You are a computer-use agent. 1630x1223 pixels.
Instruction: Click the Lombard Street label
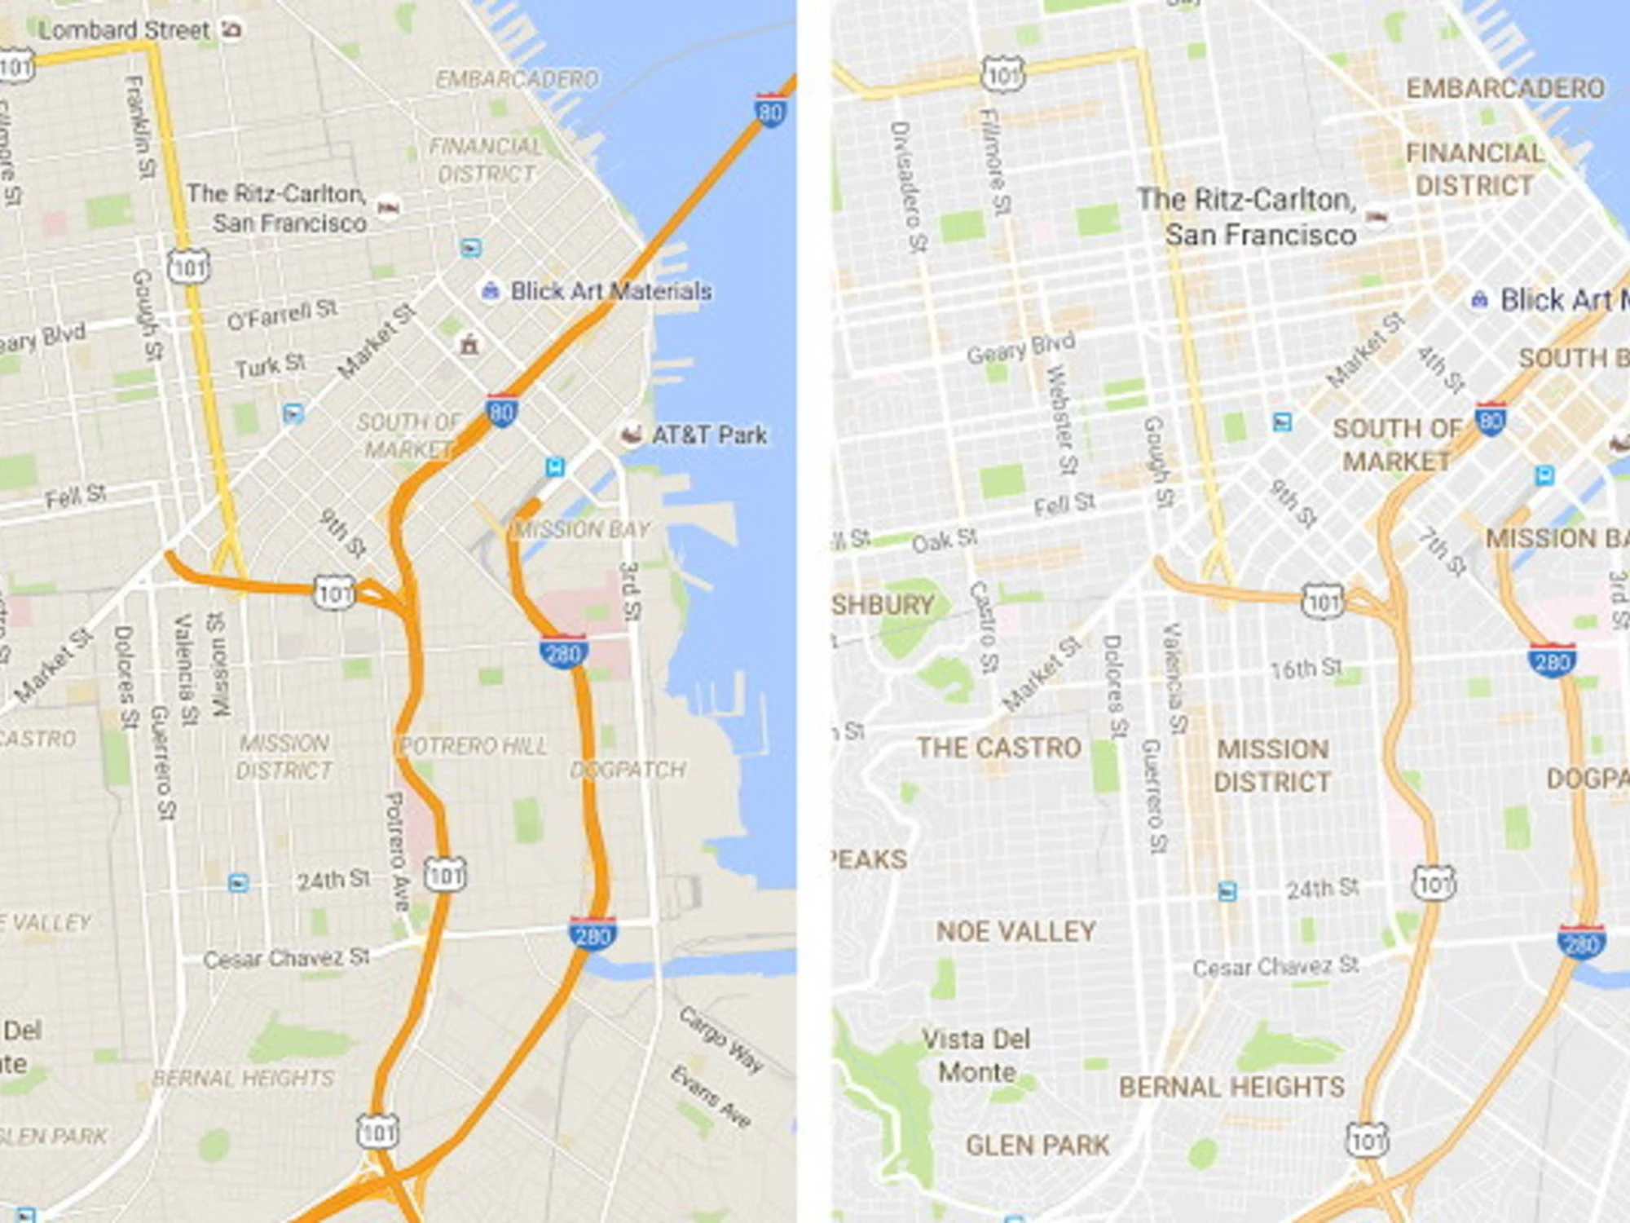(x=124, y=30)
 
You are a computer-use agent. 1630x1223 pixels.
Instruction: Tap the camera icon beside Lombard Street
(x=232, y=29)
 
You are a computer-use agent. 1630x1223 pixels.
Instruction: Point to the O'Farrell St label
(x=281, y=315)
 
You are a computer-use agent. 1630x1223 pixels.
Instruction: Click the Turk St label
(x=270, y=366)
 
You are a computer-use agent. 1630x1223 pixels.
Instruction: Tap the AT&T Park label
(x=708, y=435)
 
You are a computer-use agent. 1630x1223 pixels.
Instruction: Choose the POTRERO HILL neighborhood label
(x=473, y=746)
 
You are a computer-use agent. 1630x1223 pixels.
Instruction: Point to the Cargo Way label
(x=721, y=1039)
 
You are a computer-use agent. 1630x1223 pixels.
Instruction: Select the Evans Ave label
(x=711, y=1096)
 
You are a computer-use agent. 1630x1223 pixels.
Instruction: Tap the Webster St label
(x=1062, y=419)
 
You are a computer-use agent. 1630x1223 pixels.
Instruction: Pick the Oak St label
(x=944, y=541)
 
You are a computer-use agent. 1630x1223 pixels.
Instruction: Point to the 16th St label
(x=1306, y=669)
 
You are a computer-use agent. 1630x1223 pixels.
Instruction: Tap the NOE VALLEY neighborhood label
(x=1015, y=931)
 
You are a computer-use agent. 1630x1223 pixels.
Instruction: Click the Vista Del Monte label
(x=976, y=1055)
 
